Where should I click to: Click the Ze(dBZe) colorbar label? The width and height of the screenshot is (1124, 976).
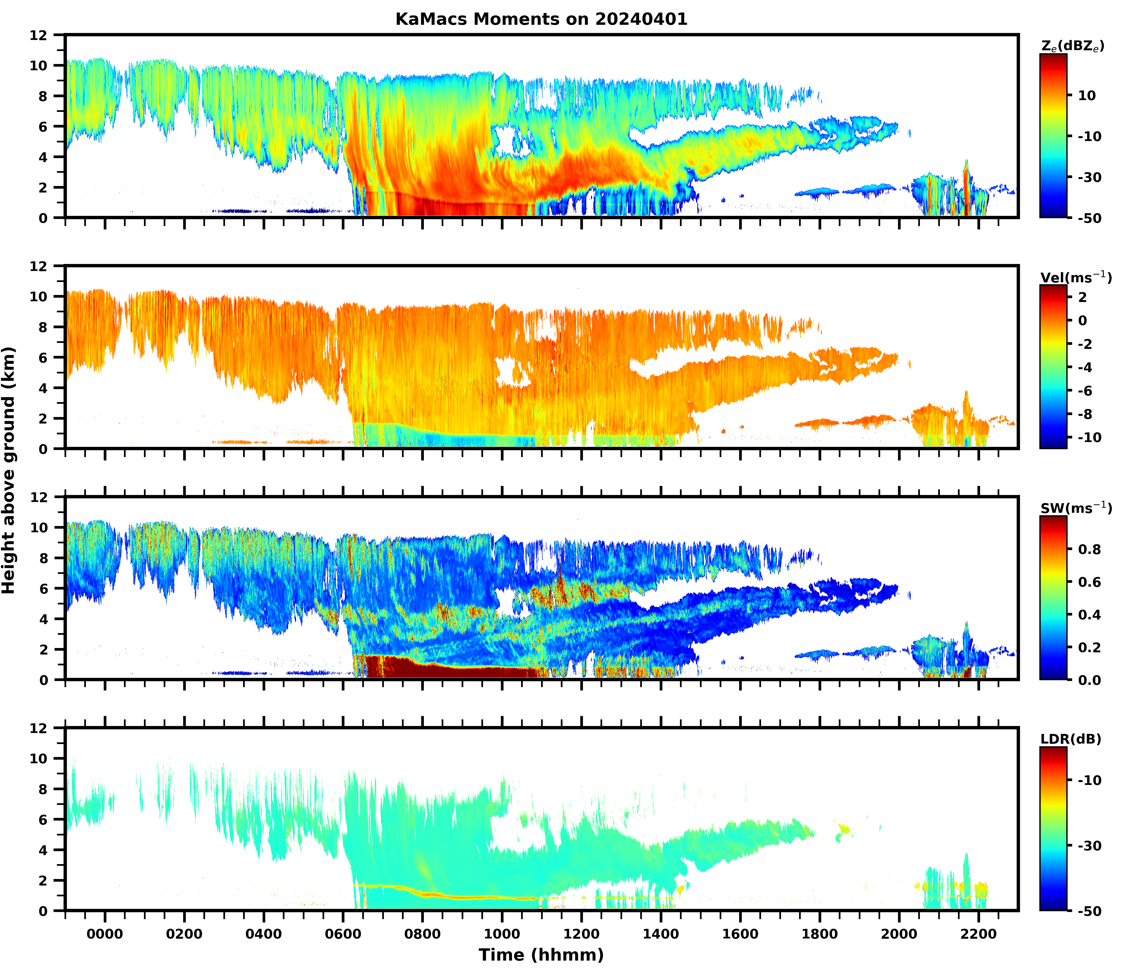1072,47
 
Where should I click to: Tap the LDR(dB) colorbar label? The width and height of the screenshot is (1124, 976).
1071,739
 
